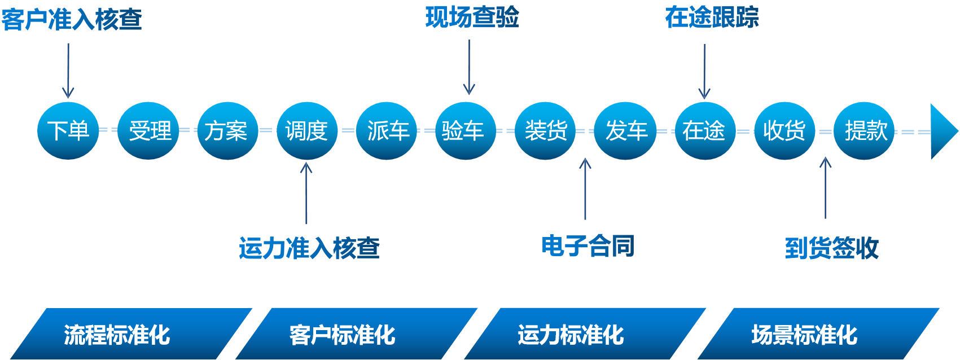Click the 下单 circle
(x=68, y=131)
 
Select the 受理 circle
(x=148, y=131)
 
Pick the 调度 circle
(x=307, y=131)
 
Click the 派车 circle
(x=387, y=131)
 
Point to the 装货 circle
(x=545, y=131)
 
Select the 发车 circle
(x=625, y=131)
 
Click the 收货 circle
(x=784, y=131)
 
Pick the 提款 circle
(x=864, y=131)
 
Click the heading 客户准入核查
(x=72, y=20)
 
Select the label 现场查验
(x=472, y=17)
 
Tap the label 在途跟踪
(x=712, y=17)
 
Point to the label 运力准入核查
(x=309, y=248)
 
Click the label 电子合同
(x=588, y=246)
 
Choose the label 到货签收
(x=832, y=248)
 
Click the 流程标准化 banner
(x=117, y=335)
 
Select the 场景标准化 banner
(x=804, y=335)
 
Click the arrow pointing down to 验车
(x=469, y=68)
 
